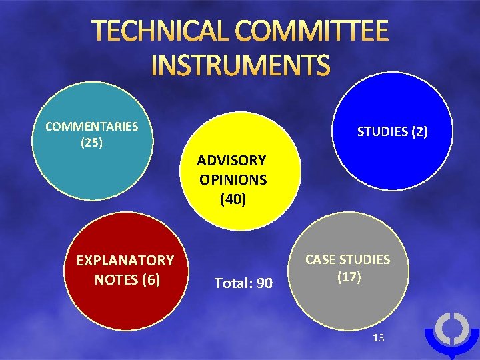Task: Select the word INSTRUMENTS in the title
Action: click(241, 66)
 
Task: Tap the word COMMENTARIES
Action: click(91, 126)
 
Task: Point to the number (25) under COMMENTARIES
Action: click(91, 143)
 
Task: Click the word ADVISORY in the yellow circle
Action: click(231, 161)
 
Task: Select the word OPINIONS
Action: click(233, 179)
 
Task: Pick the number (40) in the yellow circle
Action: click(233, 199)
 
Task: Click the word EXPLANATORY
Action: click(125, 261)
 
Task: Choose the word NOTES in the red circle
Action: click(115, 280)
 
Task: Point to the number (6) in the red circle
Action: click(151, 280)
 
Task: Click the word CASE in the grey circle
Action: click(321, 259)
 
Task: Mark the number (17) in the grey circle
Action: click(348, 277)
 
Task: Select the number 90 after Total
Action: click(264, 284)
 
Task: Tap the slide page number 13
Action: click(379, 338)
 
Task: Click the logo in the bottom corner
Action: click(451, 333)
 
